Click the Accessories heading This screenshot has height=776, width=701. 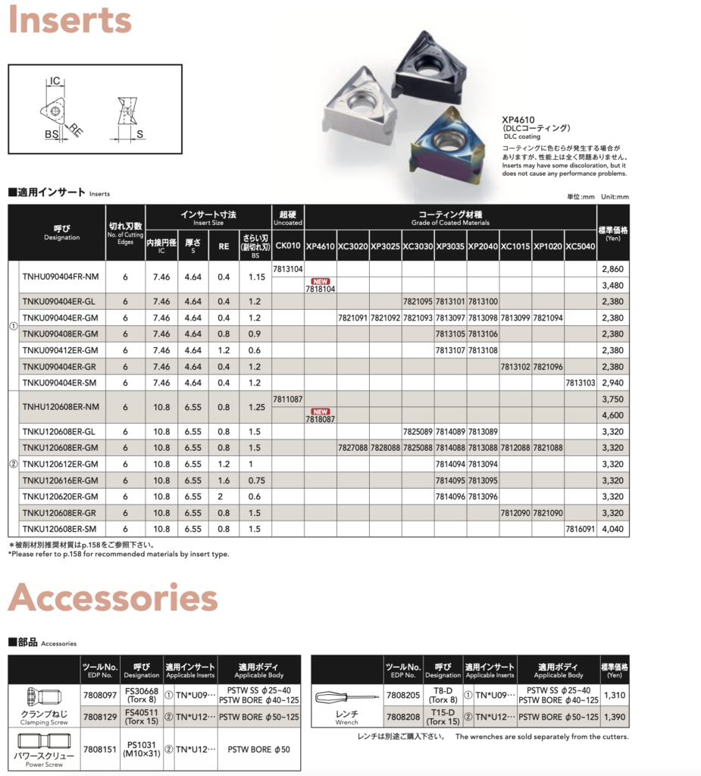[x=113, y=598]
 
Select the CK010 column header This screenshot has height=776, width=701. [x=288, y=246]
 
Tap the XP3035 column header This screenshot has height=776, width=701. [x=450, y=246]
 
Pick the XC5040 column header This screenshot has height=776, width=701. [x=581, y=246]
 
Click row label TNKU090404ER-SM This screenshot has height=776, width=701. [x=61, y=383]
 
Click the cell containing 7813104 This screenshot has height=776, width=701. [x=288, y=269]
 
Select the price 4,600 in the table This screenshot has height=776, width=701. [x=612, y=415]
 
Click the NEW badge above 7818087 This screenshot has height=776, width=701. [x=321, y=411]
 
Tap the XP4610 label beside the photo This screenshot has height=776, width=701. [x=519, y=119]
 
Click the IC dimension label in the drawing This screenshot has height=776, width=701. [x=55, y=80]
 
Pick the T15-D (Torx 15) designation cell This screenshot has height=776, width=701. [x=443, y=717]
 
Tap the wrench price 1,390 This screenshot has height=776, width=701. [x=615, y=717]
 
